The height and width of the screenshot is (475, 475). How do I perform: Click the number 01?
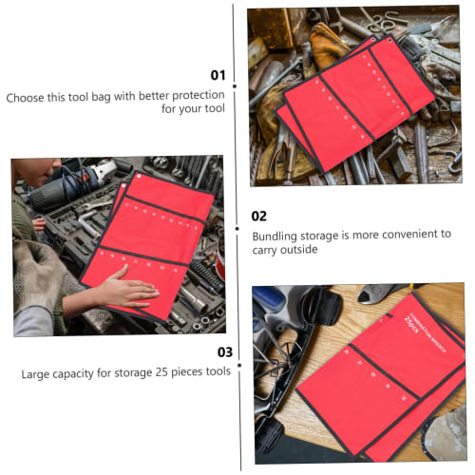pos(218,74)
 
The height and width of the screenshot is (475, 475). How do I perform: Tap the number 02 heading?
pos(258,216)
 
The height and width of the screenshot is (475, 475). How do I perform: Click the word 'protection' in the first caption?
pos(190,96)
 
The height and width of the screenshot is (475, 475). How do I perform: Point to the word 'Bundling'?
pos(276,234)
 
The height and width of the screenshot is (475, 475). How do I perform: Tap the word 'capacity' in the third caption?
pos(76,373)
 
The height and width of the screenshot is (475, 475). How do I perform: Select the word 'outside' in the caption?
pos(298,251)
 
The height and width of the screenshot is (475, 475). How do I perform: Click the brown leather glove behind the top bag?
pos(328,43)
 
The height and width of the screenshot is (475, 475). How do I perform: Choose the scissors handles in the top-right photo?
pos(380,19)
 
